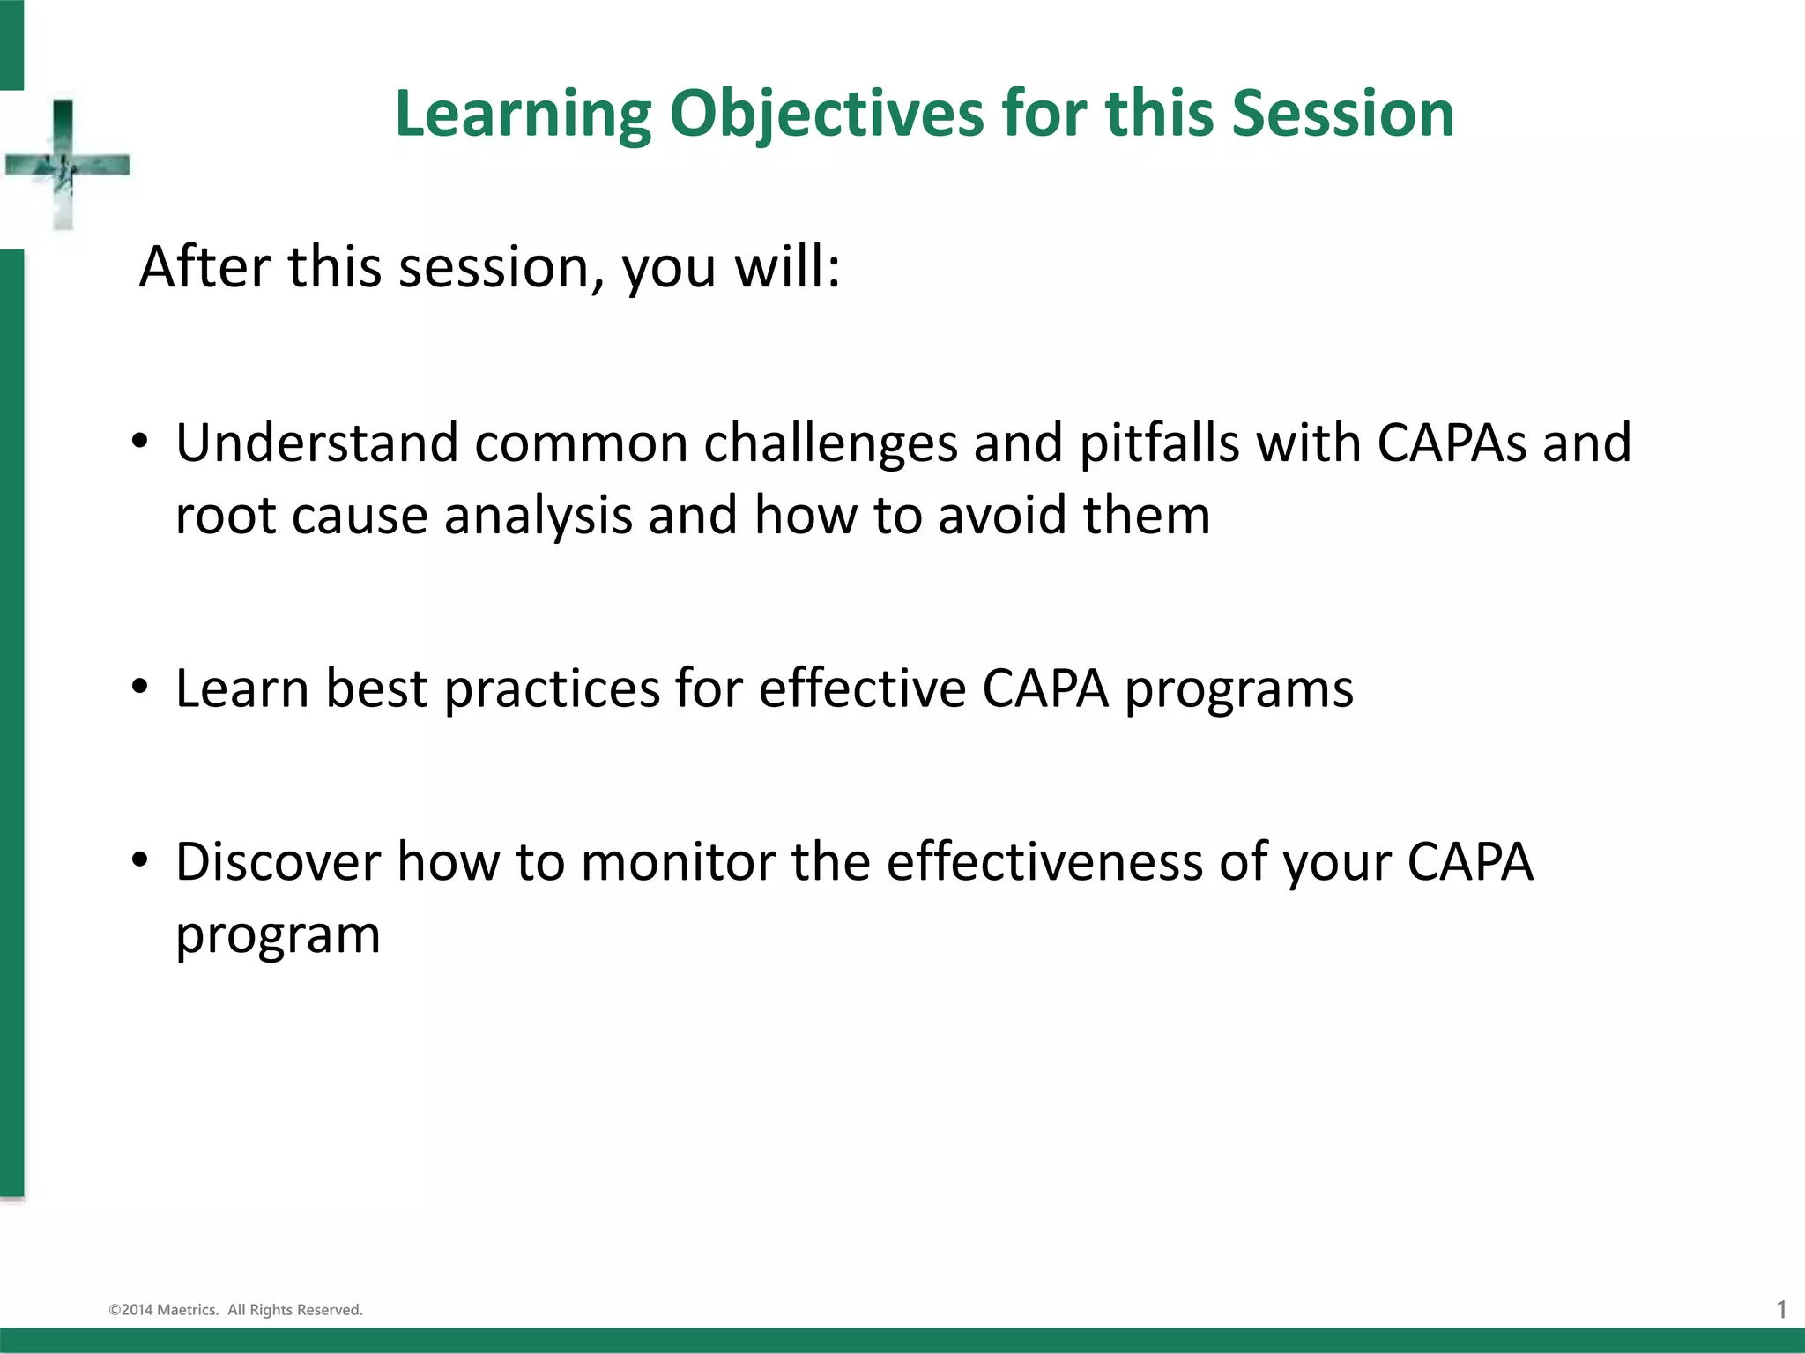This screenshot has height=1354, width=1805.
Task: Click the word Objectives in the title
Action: [x=826, y=115]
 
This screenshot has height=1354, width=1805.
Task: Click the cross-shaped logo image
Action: [x=66, y=165]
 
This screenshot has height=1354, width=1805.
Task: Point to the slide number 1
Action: [x=1781, y=1310]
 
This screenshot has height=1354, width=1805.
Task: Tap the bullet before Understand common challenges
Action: [x=139, y=441]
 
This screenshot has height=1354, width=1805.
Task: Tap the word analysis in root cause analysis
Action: [x=538, y=516]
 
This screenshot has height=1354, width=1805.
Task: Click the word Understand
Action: [x=316, y=443]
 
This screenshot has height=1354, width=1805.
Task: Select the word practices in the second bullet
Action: [x=551, y=689]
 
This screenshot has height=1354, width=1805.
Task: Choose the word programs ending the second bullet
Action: [x=1238, y=689]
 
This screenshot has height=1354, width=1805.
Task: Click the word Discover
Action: [x=278, y=861]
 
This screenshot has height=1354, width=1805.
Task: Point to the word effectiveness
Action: [x=1044, y=861]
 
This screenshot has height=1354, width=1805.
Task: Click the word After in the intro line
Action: [x=205, y=267]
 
